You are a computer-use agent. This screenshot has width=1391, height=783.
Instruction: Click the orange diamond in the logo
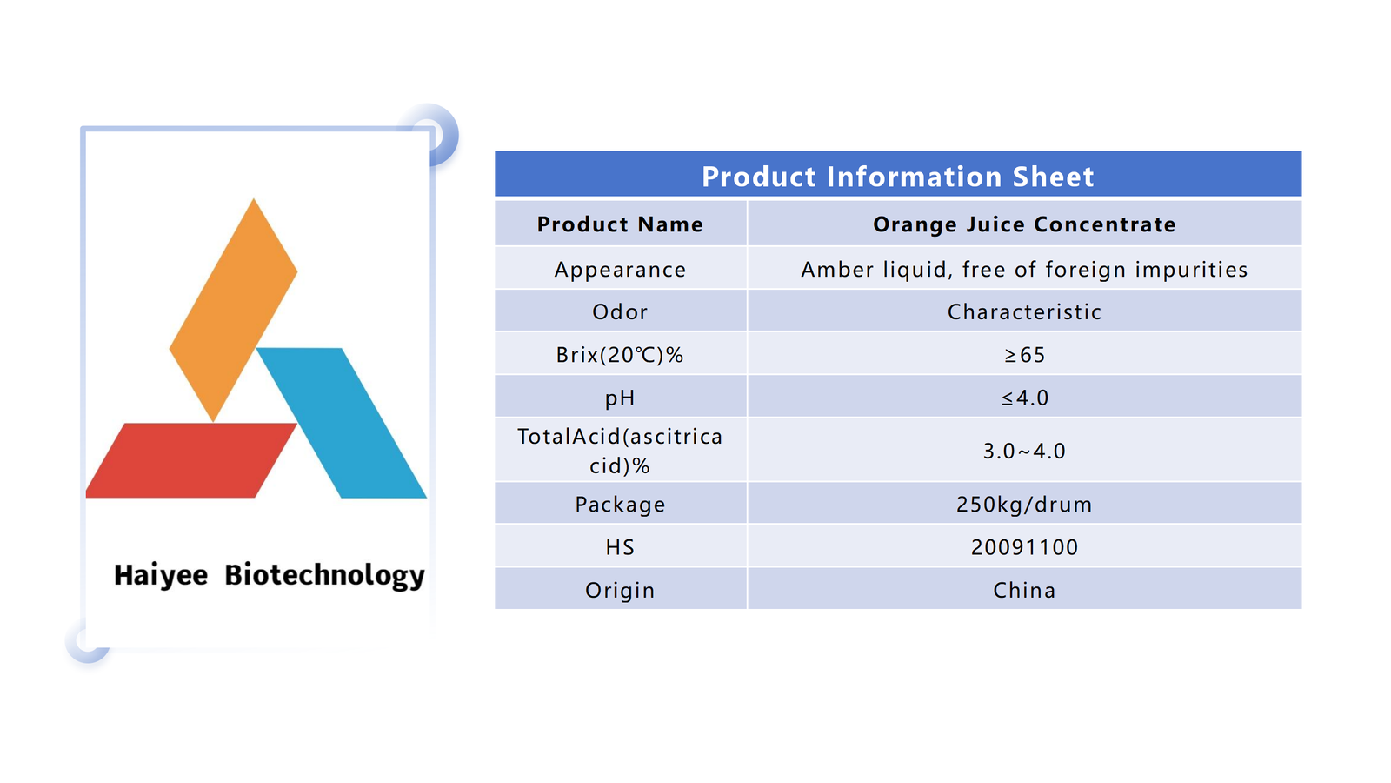pos(234,310)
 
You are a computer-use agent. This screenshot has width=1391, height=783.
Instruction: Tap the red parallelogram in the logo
pos(191,460)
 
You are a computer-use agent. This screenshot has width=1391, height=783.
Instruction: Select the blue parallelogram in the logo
pos(342,423)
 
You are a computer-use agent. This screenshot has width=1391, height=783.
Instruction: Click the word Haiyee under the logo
pos(161,575)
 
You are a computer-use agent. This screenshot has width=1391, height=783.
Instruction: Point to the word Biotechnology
pos(324,575)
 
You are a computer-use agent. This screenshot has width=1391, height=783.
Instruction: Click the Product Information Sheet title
pos(897,177)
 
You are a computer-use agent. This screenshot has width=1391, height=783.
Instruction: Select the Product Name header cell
pos(621,224)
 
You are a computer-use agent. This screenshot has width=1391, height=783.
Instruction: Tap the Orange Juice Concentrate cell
pos(1024,224)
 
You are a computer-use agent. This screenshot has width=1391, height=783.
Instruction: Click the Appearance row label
pos(621,269)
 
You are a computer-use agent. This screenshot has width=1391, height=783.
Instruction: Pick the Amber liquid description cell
pos(1024,269)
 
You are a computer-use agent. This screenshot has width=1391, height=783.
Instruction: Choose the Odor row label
pos(621,311)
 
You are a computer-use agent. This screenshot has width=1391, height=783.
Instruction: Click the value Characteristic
pos(1024,311)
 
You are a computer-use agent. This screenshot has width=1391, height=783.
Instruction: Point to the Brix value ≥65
pos(1024,355)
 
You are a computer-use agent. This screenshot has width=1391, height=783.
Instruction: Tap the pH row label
pos(621,398)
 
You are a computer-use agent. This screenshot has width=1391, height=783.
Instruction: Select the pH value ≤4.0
pos(1024,398)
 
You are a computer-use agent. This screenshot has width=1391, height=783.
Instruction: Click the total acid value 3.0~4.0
pos(1024,451)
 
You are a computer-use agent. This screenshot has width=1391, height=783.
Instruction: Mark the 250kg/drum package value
pos(1024,504)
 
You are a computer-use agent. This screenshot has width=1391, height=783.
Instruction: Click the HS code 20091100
pos(1024,547)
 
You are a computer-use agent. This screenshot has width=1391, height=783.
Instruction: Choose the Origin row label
pos(621,590)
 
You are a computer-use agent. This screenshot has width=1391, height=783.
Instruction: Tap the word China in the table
pos(1024,590)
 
